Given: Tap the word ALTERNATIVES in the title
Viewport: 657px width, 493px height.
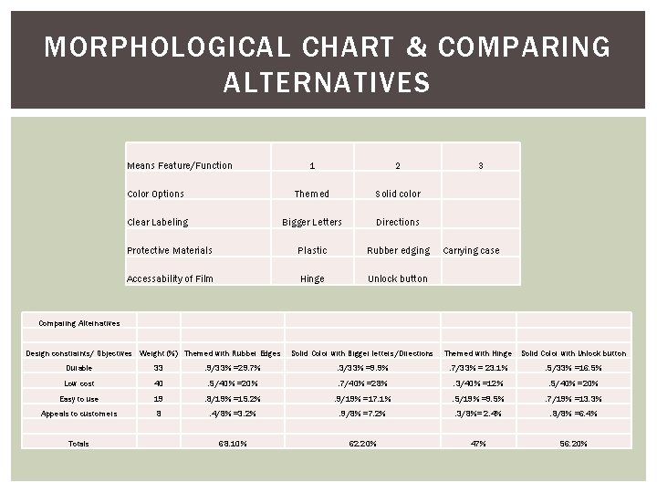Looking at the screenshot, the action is click(x=326, y=84).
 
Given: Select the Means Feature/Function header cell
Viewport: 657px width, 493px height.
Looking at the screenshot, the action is click(x=180, y=165).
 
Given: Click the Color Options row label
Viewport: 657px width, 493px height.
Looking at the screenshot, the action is click(x=155, y=194).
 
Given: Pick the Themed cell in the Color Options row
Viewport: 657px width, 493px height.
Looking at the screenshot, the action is click(x=312, y=194).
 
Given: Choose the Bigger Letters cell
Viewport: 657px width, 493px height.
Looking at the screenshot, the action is click(x=312, y=222).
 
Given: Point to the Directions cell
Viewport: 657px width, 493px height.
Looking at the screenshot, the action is click(x=398, y=222).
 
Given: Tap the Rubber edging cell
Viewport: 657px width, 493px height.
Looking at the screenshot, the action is click(x=398, y=250).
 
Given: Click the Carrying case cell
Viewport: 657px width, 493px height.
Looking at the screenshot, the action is click(x=471, y=250).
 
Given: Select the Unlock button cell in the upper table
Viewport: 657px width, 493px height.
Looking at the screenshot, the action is click(x=398, y=278).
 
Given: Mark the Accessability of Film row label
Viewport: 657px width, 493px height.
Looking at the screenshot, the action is click(x=170, y=278).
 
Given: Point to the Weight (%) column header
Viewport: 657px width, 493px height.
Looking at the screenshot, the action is click(x=158, y=353).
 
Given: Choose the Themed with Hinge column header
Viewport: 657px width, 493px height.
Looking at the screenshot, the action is click(x=477, y=353).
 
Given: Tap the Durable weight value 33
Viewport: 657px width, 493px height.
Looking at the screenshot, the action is click(x=157, y=368).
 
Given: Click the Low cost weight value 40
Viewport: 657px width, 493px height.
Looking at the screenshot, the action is click(x=157, y=383).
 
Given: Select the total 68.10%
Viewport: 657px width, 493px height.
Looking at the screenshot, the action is click(x=232, y=443).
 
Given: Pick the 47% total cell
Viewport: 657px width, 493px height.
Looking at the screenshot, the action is click(x=477, y=443).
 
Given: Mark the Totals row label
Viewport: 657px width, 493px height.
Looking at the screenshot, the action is click(x=78, y=443).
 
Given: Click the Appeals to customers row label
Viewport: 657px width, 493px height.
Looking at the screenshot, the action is click(x=78, y=414).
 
